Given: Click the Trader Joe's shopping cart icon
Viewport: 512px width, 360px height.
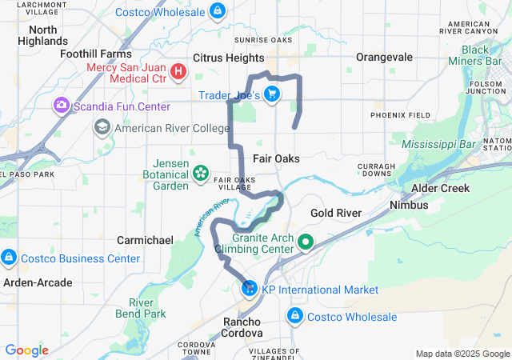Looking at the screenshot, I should [272, 94].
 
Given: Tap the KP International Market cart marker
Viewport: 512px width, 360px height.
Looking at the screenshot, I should [249, 289].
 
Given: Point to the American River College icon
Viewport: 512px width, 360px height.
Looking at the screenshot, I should [102, 127].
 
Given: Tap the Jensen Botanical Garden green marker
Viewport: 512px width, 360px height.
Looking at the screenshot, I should [200, 173].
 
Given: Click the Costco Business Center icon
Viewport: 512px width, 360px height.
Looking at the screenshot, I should [9, 258].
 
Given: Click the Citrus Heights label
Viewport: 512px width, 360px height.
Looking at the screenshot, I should [229, 58].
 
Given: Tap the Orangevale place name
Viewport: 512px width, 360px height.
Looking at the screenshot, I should [384, 58].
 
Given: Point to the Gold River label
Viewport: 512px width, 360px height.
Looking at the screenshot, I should [336, 213].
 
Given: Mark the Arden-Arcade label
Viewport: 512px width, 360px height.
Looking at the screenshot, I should [37, 282].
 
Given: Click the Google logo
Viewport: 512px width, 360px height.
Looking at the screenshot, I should [26, 350].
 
